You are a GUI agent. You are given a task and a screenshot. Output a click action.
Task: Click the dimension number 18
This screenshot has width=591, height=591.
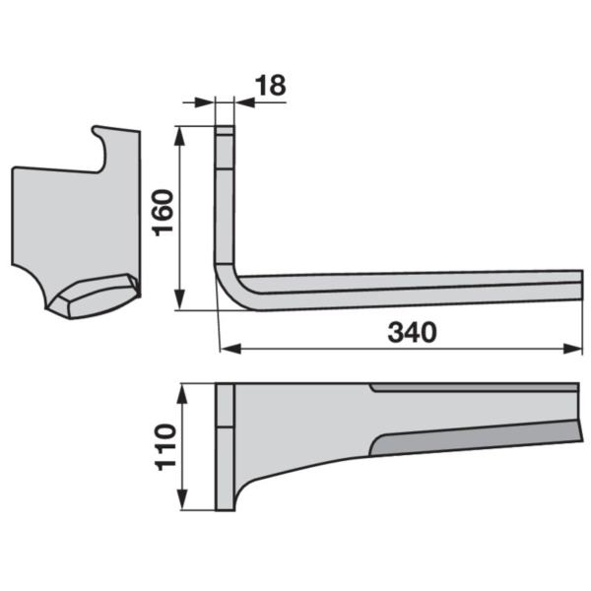(x=271, y=85)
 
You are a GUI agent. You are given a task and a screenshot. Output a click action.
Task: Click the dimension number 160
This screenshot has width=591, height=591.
(x=164, y=213)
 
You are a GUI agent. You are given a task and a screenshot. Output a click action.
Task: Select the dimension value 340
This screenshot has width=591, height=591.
(x=413, y=333)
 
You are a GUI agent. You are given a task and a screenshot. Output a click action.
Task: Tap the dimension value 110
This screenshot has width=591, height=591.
(x=165, y=447)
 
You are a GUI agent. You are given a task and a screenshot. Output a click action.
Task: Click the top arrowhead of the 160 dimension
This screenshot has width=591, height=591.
(x=180, y=135)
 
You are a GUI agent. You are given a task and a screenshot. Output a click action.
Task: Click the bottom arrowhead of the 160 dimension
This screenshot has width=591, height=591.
(x=180, y=300)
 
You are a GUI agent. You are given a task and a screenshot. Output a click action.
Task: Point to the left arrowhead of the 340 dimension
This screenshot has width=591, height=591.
(x=230, y=349)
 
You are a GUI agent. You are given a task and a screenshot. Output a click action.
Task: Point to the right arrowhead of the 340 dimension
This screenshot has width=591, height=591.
(x=572, y=349)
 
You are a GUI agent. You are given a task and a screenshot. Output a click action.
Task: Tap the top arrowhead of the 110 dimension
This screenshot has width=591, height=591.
(x=182, y=393)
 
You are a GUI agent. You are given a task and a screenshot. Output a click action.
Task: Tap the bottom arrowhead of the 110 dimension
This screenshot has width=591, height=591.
(x=182, y=500)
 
